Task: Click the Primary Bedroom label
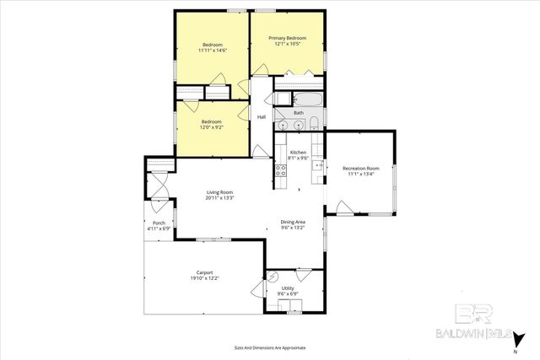pos(287,38)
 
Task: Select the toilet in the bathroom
pos(313,125)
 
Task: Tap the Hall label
pos(262,116)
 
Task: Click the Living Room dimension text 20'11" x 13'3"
pos(219,199)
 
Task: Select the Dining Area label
pos(292,222)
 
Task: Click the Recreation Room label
pos(360,169)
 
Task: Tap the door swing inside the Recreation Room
pos(343,207)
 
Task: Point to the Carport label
pos(204,272)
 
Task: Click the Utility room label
pos(288,288)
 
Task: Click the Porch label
pos(159,223)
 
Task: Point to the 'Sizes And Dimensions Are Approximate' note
pos(269,347)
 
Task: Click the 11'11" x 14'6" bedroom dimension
pos(212,51)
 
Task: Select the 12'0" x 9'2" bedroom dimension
pos(212,127)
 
